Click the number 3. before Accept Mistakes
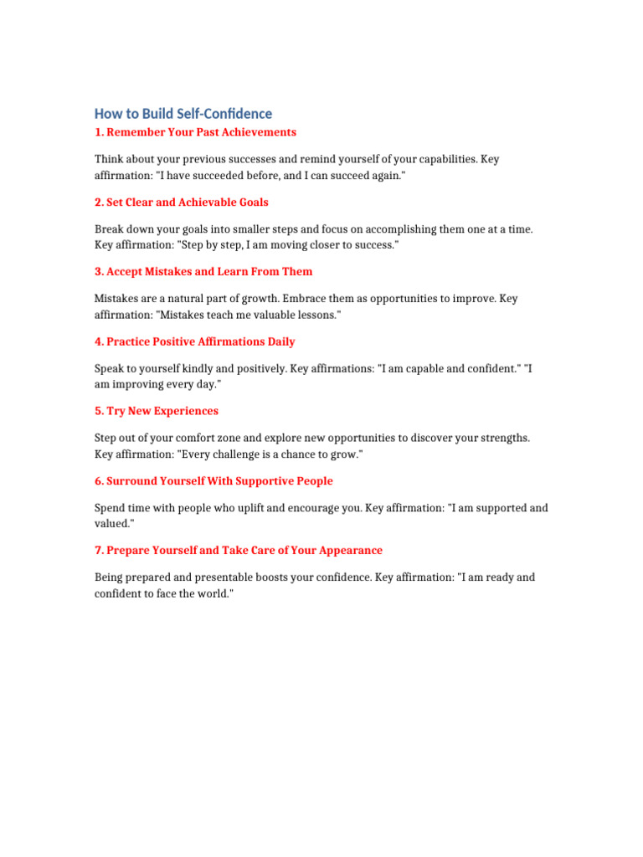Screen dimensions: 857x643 coord(99,271)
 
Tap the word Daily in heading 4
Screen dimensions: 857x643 coord(280,341)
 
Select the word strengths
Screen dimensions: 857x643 coord(501,438)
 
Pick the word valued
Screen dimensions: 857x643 coord(112,523)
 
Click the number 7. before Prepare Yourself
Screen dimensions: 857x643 coord(99,551)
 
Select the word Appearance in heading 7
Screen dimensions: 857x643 coord(350,551)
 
